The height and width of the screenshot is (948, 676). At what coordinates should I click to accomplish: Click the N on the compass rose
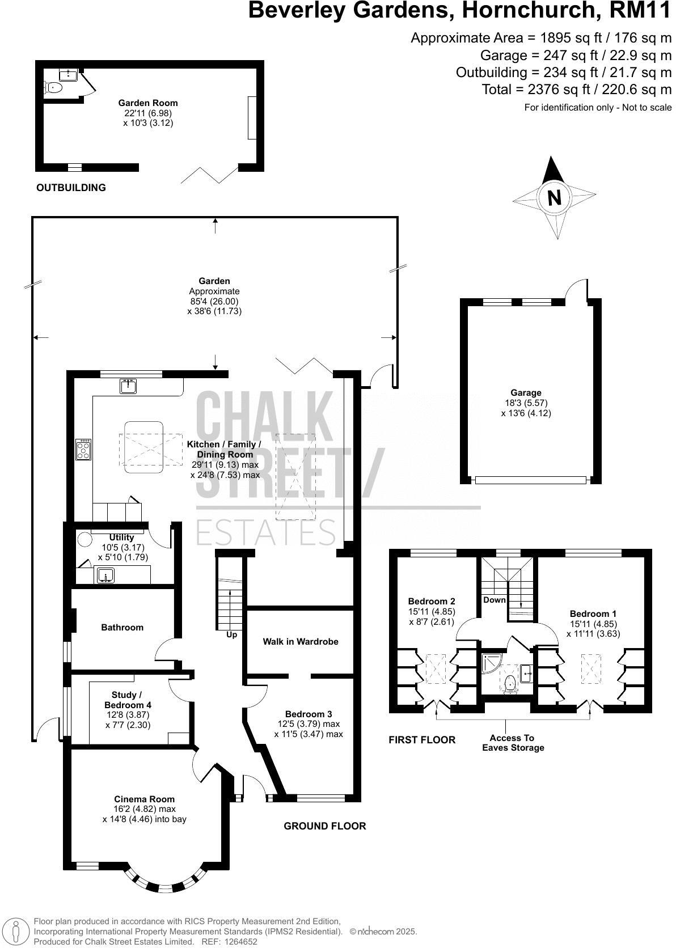pos(554,198)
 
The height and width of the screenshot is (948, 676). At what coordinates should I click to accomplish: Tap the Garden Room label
pos(147,103)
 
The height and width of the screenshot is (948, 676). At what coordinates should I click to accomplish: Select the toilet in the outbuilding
pos(53,87)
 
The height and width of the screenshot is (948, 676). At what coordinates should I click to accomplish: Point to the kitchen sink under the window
pos(128,387)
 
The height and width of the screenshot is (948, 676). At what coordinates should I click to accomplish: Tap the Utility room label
pos(121,537)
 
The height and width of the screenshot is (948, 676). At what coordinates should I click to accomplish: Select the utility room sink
pos(105,577)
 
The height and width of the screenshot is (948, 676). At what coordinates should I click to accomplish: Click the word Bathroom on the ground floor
pos(122,627)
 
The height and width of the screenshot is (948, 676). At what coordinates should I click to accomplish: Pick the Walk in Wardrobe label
pos(300,641)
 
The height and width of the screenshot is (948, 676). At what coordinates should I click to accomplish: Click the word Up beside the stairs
pos(231,634)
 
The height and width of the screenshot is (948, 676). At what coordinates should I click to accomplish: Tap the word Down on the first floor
pos(494,600)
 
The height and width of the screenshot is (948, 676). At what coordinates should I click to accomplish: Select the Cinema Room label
pos(144,799)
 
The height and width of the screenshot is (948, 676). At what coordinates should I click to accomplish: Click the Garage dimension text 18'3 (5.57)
pos(526,403)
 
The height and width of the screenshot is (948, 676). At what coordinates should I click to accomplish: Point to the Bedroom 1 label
pos(593,613)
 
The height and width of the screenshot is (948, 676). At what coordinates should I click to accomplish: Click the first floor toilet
pos(510,683)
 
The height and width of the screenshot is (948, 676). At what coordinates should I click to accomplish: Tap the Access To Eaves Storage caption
pos(513,743)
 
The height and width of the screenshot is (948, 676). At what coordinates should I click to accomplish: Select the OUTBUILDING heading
pos(71,188)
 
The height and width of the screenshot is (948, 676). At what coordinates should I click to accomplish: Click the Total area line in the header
pos(576,90)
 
